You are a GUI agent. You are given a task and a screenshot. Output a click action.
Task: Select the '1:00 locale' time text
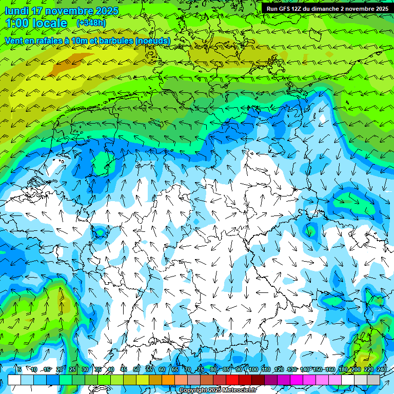tap(36, 23)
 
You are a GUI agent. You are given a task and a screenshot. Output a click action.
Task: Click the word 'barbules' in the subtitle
tap(110, 41)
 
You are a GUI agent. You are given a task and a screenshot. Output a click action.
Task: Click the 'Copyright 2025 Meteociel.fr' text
tap(218, 390)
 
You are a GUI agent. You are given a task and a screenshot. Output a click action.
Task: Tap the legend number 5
tap(19, 369)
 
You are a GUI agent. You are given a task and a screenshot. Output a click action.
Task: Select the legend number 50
tap(136, 369)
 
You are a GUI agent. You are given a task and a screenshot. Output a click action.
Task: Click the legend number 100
tap(253, 369)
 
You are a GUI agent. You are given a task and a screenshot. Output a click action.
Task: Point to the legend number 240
tap(382, 369)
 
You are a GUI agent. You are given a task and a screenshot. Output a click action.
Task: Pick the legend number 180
tap(343, 369)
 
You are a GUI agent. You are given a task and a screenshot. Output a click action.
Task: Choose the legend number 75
tap(201, 369)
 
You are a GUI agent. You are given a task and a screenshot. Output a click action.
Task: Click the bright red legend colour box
tap(232, 380)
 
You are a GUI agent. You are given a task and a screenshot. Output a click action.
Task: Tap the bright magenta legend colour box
tap(297, 380)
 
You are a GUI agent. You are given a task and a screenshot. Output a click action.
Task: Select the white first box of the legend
tap(14, 380)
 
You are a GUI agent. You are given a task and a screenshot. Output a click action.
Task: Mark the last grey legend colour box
tap(373, 380)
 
